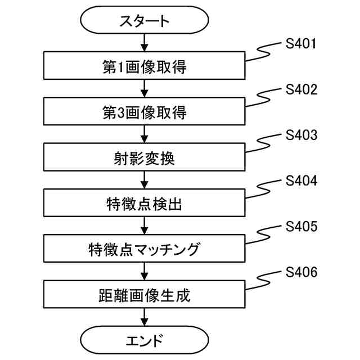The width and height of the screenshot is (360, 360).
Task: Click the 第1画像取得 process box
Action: pos(145,67)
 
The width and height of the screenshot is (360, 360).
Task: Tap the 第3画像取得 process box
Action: pos(145,112)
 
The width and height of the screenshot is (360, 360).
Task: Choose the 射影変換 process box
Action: pos(145,158)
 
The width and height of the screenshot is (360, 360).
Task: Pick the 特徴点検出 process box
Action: pos(145,203)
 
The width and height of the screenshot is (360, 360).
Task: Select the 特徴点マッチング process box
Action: pos(145,248)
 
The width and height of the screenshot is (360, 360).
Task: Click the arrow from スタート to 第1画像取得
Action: pos(145,43)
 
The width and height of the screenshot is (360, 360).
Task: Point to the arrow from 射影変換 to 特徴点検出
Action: pos(145,180)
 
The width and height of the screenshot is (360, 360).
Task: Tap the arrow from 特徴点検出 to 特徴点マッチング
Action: pos(145,225)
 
